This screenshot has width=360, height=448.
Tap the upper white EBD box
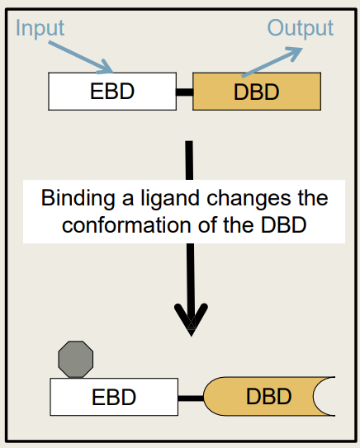point(111,92)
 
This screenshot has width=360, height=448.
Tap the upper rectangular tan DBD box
point(256,92)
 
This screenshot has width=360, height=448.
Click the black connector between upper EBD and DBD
point(183,92)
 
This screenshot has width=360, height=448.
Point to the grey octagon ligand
point(75,358)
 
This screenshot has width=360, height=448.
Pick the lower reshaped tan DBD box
point(264,397)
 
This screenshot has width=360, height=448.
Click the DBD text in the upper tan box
point(257,92)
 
